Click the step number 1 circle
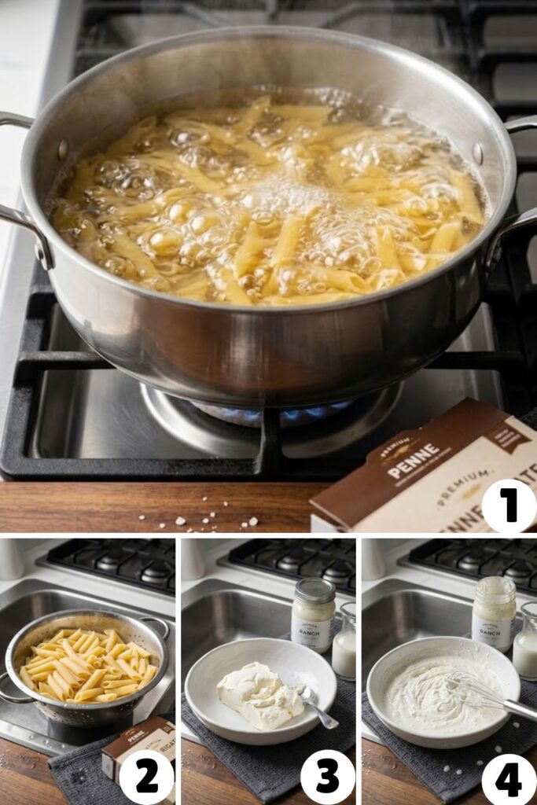pyautogui.click(x=509, y=505)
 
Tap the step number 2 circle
pyautogui.click(x=146, y=777)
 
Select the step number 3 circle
pyautogui.click(x=327, y=777)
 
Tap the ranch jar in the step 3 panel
pyautogui.click(x=313, y=615)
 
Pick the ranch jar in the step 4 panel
pyautogui.click(x=494, y=613)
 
